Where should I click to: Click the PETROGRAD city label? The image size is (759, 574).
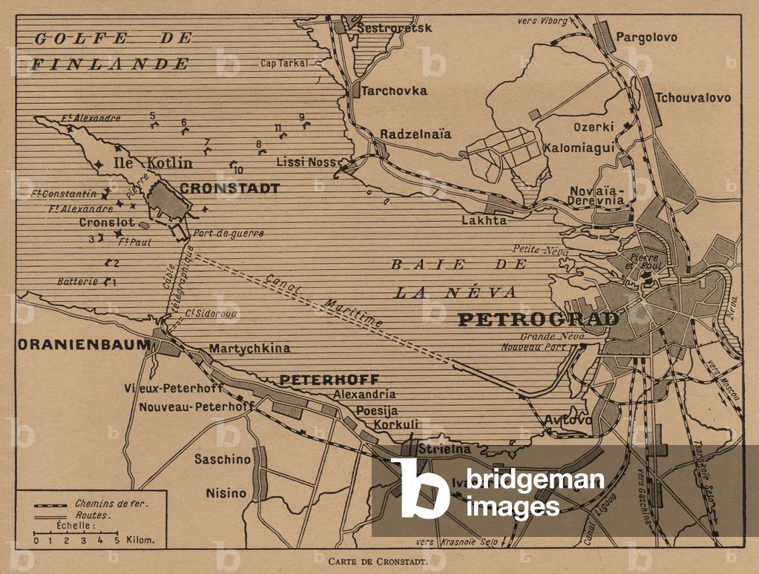(x=538, y=320)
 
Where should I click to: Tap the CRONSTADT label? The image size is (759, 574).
(x=230, y=188)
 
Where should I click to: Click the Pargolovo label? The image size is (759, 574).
(x=646, y=37)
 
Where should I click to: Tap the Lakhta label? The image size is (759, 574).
(x=484, y=220)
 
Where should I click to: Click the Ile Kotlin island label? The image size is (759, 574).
(x=152, y=163)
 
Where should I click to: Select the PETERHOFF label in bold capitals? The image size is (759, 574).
(x=329, y=379)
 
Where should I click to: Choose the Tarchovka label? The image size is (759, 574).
(x=394, y=90)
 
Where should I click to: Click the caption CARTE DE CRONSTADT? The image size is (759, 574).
(x=378, y=561)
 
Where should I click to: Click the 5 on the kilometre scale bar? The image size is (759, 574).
(x=116, y=541)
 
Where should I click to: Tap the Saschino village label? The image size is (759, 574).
(x=223, y=459)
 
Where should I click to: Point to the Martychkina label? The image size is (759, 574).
(x=249, y=349)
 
